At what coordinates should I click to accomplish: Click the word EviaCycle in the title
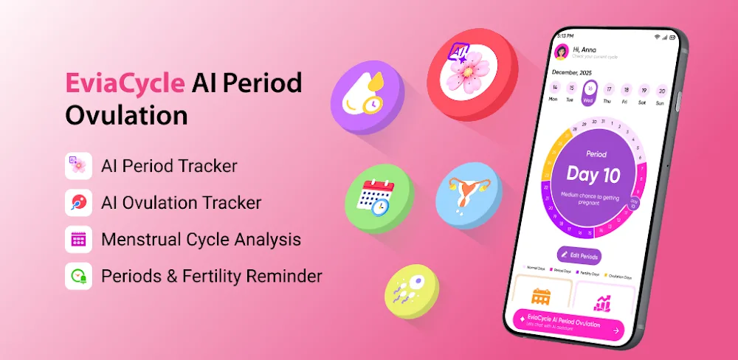(125, 83)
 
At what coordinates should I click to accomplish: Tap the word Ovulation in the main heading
(126, 116)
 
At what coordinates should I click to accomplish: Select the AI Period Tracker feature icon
(78, 166)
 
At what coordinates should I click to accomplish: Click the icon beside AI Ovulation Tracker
(78, 202)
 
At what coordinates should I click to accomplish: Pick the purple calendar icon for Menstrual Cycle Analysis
(78, 239)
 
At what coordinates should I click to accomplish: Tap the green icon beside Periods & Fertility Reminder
(78, 276)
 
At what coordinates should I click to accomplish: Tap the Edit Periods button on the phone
(579, 255)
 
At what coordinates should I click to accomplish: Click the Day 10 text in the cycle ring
(593, 175)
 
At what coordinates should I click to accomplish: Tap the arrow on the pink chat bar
(615, 331)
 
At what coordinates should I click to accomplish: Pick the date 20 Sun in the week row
(661, 94)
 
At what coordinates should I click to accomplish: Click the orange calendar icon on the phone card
(542, 296)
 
